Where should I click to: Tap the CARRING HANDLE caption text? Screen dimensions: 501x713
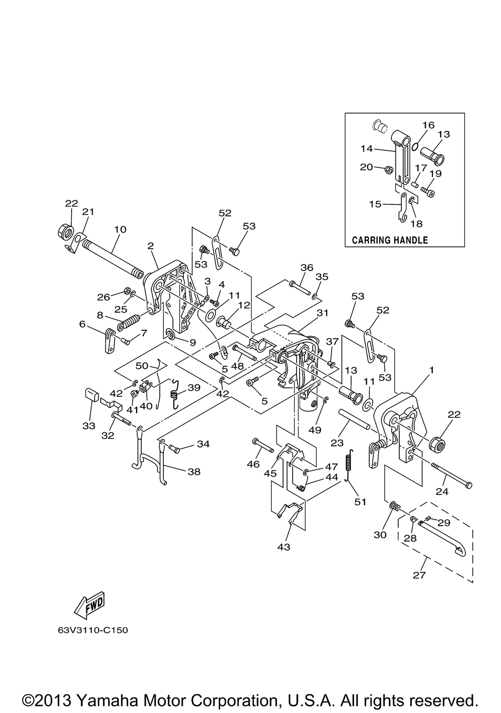coord(390,240)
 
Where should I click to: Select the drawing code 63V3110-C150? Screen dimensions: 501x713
coord(93,630)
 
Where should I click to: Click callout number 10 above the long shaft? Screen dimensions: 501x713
coord(120,229)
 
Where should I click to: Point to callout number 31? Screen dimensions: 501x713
coord(322,313)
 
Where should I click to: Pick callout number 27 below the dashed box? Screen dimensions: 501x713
coord(419,575)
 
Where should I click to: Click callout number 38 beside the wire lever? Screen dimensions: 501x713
coord(194,471)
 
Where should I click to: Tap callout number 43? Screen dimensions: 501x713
coord(284,547)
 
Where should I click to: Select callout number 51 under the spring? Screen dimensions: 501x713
coord(360,502)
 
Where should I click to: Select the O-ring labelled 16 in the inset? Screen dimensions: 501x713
coord(415,146)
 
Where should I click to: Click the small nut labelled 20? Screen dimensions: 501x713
coord(388,168)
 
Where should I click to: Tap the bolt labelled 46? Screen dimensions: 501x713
coord(263,445)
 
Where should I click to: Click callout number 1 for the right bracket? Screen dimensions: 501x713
coord(431,370)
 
